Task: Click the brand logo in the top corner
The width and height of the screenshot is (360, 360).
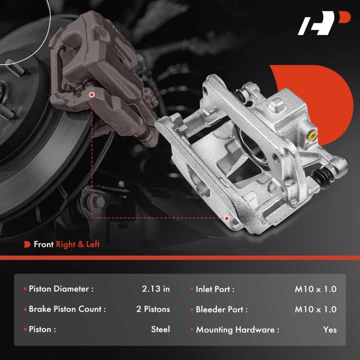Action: click(x=324, y=23)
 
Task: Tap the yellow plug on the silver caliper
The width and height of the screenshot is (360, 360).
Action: click(x=312, y=136)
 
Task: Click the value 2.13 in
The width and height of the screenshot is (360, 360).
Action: click(x=156, y=289)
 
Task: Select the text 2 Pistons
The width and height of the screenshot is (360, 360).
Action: click(x=153, y=309)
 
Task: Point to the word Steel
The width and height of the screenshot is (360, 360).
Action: click(x=160, y=329)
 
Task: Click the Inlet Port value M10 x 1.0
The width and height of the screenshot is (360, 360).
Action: click(x=316, y=289)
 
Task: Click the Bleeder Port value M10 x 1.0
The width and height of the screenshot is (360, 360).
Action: click(x=316, y=309)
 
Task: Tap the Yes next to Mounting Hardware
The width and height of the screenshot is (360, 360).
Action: click(x=330, y=330)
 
